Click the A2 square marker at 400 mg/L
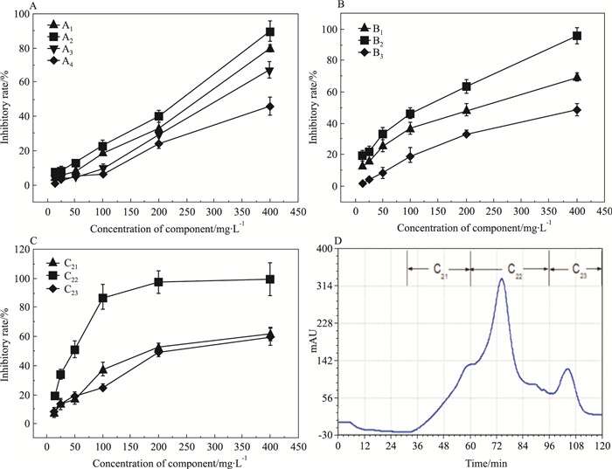pos(270,32)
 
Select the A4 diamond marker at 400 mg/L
pos(270,107)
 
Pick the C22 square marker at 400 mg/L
pos(270,279)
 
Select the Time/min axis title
pos(470,459)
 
